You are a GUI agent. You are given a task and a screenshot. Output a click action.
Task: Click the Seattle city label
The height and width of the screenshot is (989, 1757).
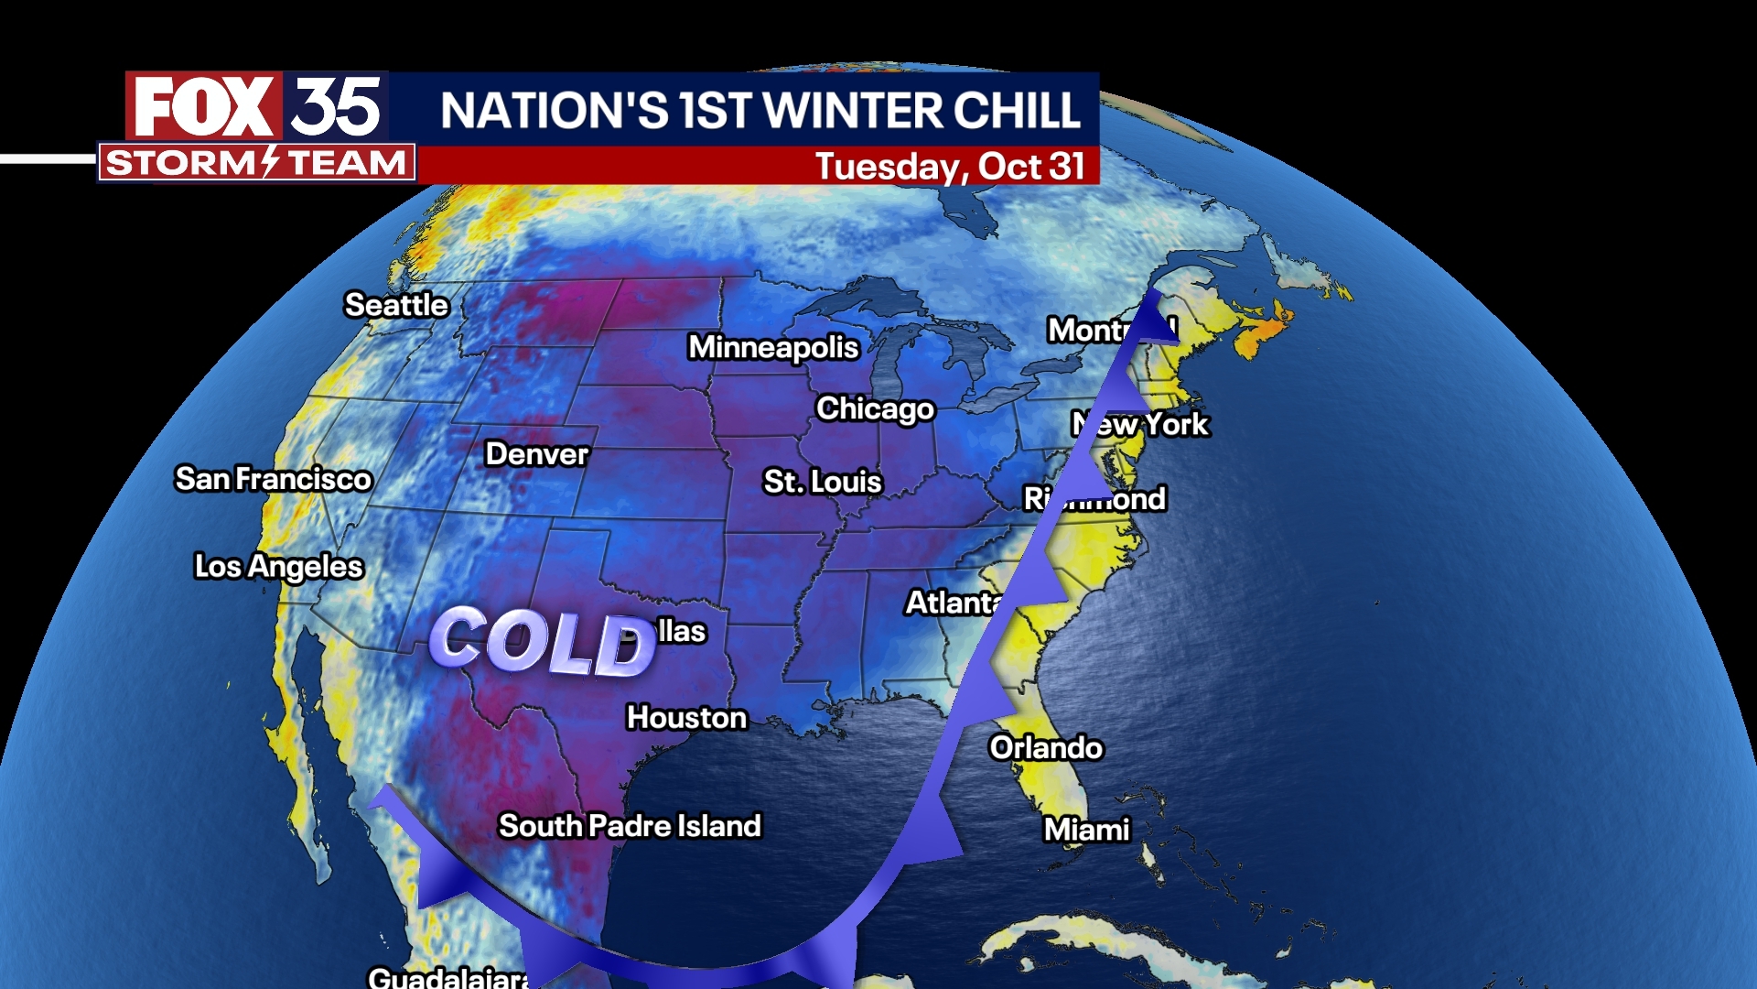396,305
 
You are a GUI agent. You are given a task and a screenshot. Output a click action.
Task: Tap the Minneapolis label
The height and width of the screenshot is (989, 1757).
773,347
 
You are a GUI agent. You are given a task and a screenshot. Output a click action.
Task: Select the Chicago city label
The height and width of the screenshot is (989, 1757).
875,408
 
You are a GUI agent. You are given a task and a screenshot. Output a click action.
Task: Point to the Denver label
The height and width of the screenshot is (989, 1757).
537,454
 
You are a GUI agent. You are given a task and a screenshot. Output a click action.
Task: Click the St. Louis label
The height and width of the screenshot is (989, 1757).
823,482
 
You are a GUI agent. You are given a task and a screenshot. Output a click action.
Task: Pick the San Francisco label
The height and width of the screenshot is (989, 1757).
274,479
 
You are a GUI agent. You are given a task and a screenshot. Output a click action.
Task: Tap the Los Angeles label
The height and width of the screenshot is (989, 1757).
279,567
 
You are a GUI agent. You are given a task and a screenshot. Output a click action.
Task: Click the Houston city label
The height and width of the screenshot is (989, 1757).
686,718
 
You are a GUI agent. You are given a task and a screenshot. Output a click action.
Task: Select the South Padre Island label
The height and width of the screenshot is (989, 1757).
630,826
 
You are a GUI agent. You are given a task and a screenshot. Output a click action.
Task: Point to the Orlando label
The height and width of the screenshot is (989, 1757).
1046,748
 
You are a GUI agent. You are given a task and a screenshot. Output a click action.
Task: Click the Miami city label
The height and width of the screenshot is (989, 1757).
1087,830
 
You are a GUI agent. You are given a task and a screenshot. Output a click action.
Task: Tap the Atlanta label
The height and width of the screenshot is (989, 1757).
952,603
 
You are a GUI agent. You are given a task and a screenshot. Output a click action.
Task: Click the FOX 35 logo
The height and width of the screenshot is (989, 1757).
257,107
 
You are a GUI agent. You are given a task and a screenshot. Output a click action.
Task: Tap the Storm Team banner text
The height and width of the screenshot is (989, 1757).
256,163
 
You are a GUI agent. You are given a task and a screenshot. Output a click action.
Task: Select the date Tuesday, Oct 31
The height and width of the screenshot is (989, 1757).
949,167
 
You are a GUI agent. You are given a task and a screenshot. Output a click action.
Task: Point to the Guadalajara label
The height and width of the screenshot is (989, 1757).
448,978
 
